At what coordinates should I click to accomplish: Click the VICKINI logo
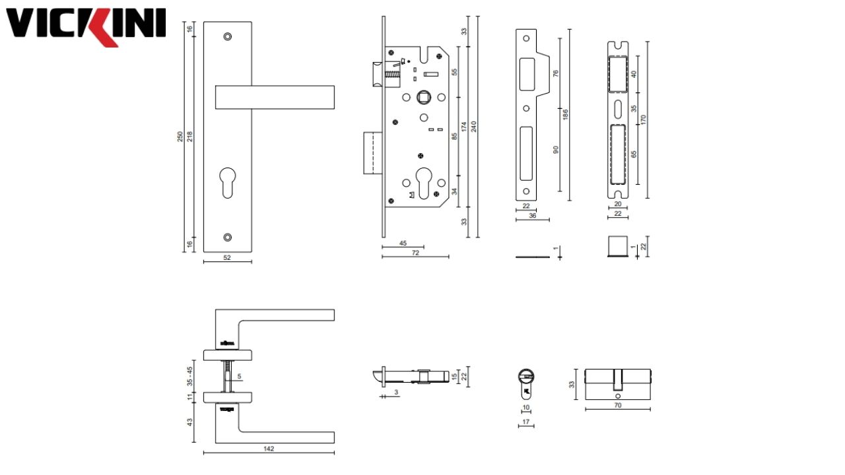[x=86, y=26]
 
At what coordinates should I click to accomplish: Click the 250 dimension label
[x=180, y=137]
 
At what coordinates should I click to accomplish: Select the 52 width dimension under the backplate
[x=227, y=258]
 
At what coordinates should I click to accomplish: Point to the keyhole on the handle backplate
[x=228, y=183]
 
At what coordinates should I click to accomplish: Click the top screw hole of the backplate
[x=228, y=36]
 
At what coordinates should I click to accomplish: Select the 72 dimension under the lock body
[x=415, y=253]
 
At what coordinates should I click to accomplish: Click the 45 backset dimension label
[x=403, y=243]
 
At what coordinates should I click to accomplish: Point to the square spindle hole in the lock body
[x=423, y=98]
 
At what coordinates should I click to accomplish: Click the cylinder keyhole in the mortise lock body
[x=422, y=180]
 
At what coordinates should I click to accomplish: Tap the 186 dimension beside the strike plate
[x=565, y=114]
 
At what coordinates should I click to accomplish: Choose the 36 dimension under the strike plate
[x=532, y=216]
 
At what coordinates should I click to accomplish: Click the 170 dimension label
[x=643, y=119]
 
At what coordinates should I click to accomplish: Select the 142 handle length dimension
[x=269, y=449]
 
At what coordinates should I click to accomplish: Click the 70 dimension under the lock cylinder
[x=618, y=405]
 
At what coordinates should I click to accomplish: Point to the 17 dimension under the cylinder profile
[x=525, y=422]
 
